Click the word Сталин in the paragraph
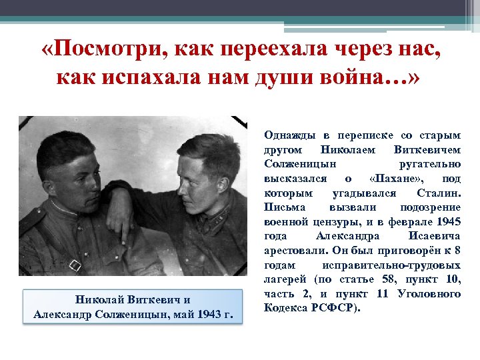[x=438, y=193]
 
